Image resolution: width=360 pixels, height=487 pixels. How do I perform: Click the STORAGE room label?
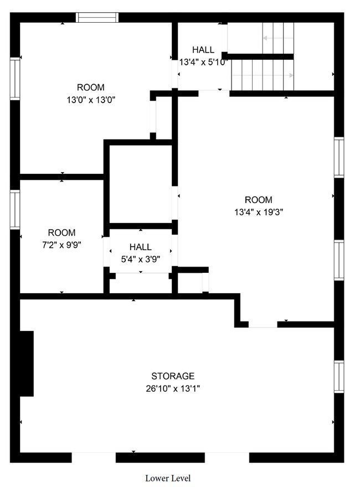(173, 376)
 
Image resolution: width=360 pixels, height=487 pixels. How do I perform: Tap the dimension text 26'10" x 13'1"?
(173, 388)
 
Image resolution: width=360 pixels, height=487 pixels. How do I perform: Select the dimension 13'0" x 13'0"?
(91, 100)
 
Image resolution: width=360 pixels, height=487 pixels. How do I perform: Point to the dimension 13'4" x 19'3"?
(259, 212)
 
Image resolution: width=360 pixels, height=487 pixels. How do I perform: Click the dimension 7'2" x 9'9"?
(61, 245)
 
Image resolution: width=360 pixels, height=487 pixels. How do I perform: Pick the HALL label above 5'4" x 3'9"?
(141, 247)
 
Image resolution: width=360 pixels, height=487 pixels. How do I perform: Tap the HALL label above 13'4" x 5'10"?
(203, 50)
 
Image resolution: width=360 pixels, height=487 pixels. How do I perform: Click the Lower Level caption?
(168, 478)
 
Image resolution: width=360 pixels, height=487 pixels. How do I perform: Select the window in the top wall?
(97, 17)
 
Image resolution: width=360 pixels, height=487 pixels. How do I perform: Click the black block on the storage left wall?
(27, 364)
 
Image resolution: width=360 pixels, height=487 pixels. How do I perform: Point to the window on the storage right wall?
(339, 377)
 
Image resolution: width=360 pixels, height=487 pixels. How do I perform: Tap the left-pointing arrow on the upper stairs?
(278, 38)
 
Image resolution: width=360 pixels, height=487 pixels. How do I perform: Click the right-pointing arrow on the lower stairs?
(263, 75)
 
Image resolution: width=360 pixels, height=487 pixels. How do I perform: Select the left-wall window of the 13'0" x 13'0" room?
(15, 79)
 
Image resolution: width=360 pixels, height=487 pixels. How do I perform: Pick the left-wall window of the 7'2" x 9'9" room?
(15, 210)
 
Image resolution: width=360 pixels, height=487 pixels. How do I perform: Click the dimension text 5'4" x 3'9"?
(141, 260)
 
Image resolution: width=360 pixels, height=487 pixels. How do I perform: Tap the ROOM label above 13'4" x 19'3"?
(258, 200)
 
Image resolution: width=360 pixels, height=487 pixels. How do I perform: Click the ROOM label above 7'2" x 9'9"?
(61, 232)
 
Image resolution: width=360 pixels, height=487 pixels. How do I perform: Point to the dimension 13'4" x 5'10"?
(204, 62)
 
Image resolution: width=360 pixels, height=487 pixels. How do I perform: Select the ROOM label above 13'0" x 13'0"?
(91, 87)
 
